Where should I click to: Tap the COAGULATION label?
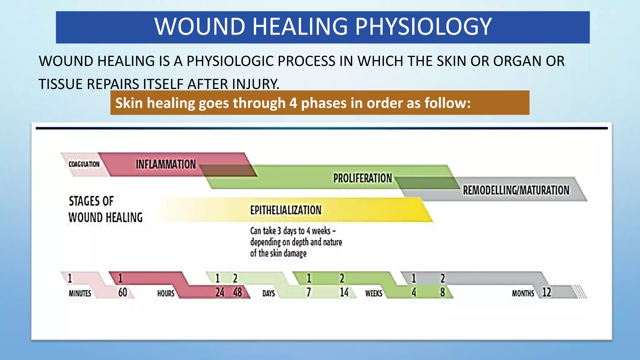point(84,164)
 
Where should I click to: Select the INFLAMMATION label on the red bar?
point(166,164)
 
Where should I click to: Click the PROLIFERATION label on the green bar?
point(362,178)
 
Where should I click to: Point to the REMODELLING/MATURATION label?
point(516,190)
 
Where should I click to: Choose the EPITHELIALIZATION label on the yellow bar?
point(286,210)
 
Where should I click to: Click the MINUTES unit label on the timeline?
point(80,293)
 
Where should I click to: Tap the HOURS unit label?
point(166,293)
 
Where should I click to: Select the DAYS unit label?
point(268,293)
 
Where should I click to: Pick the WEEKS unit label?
point(373,293)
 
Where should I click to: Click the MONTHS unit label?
point(522,293)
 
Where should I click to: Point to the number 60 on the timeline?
point(122,292)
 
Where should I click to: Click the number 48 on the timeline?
point(237,292)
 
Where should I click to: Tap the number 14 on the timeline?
point(344,292)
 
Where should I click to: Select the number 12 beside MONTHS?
point(547,292)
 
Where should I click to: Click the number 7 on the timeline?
point(308,292)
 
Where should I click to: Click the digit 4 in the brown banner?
point(293,103)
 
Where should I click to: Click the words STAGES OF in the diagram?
point(91,201)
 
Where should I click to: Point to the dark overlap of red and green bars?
point(228,171)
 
